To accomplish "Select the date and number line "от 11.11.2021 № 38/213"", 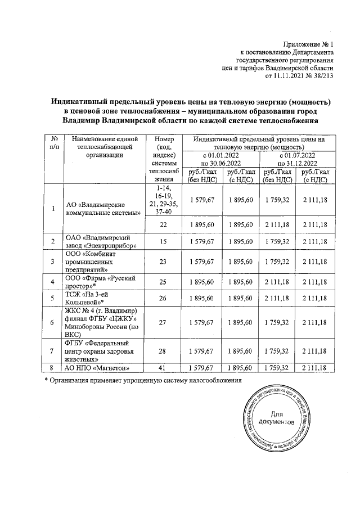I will pos(295,76).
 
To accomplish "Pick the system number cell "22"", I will pos(163,226).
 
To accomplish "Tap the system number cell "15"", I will pos(163,242).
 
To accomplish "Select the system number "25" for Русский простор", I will pos(163,282).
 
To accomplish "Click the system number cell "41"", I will pos(163,368).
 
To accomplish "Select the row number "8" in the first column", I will pos(52,368).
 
